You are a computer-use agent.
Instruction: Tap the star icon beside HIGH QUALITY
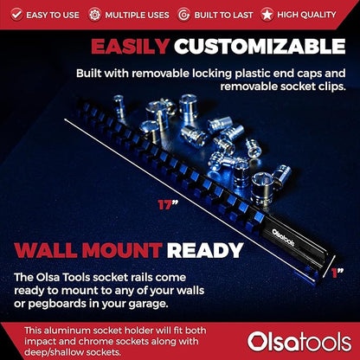pos(268,14)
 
